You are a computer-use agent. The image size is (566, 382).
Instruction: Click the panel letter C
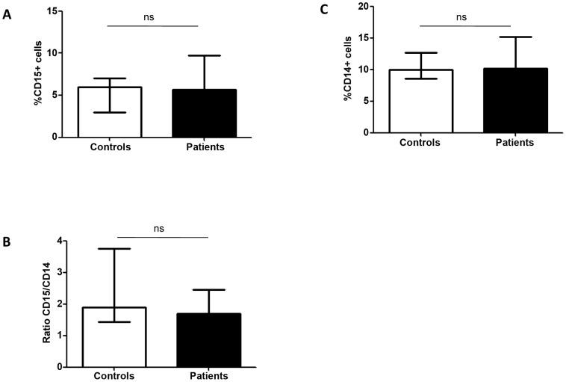point(323,10)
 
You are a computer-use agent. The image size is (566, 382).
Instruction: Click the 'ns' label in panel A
point(152,17)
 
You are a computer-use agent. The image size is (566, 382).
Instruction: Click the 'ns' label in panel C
point(464,16)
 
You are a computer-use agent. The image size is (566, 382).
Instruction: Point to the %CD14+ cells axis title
point(347,70)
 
